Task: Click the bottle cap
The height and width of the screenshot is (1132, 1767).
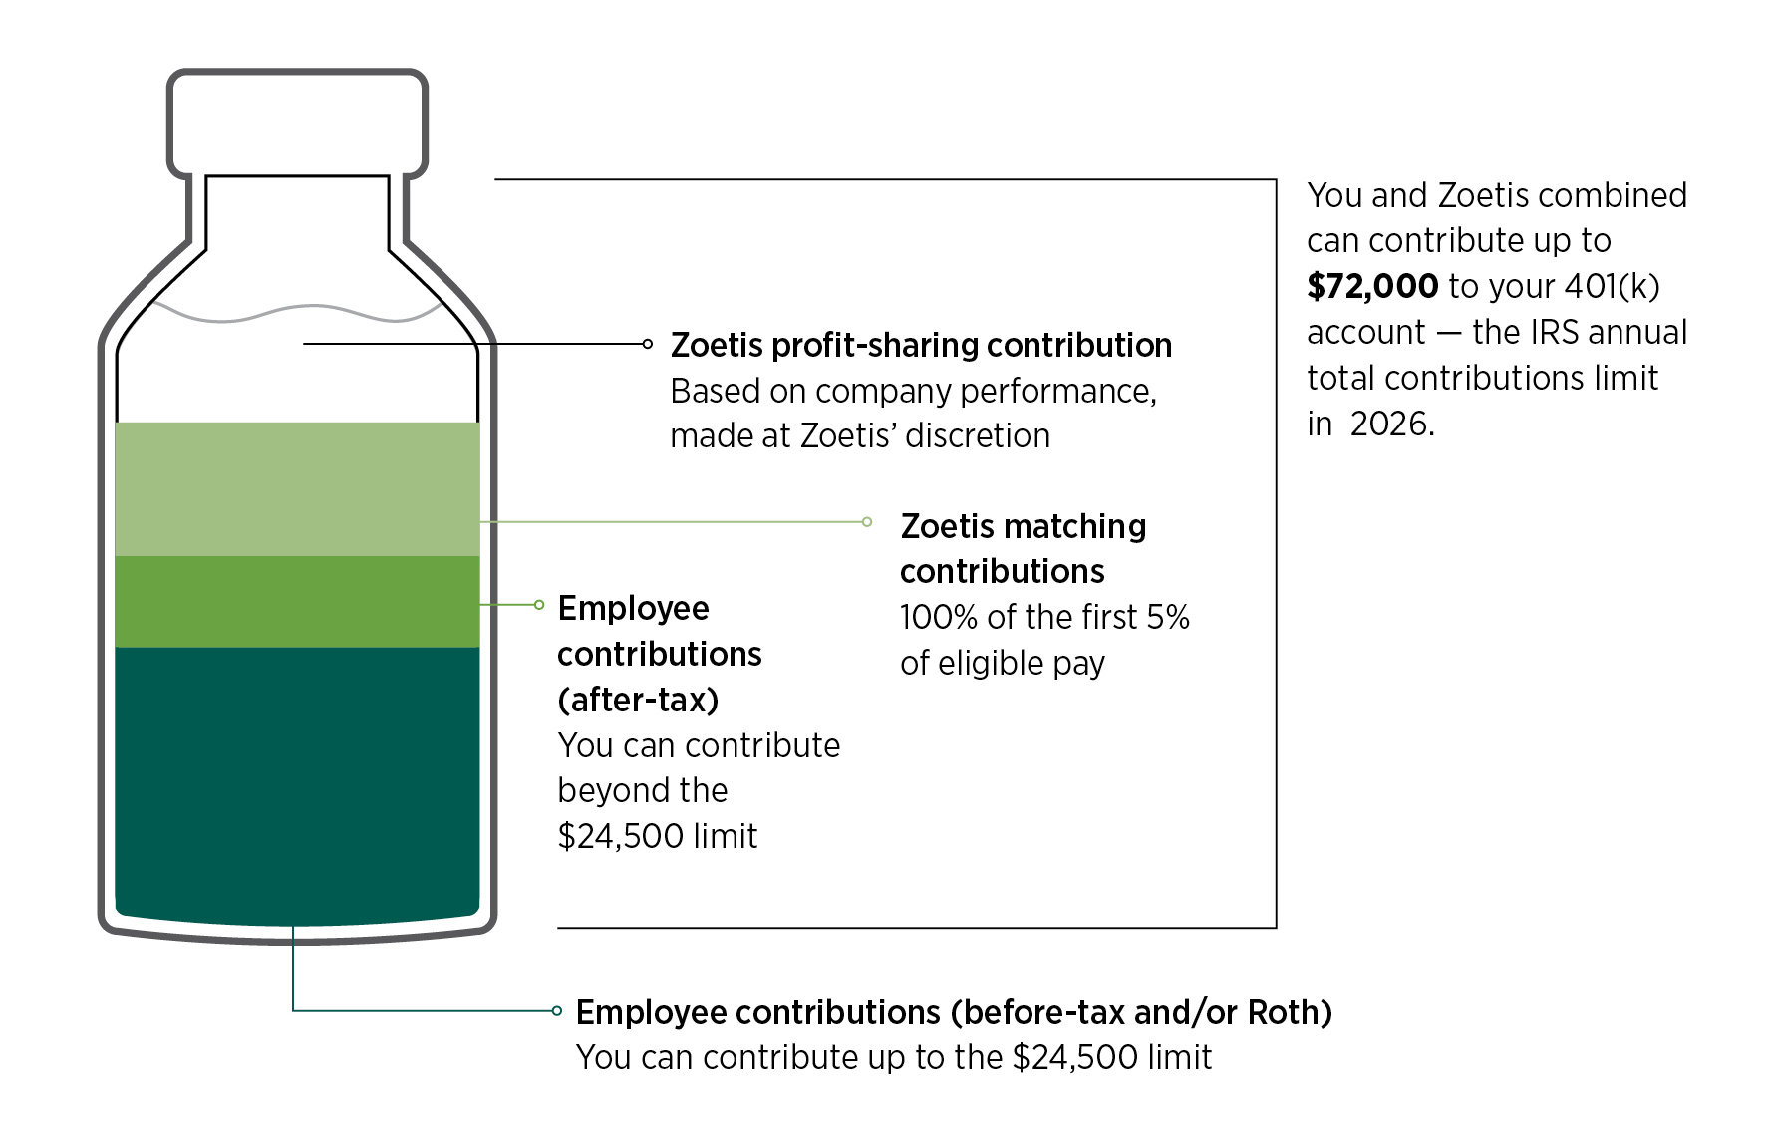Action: point(297,124)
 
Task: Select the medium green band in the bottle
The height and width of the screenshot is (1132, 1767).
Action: point(297,601)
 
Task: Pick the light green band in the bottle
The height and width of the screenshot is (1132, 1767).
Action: point(297,488)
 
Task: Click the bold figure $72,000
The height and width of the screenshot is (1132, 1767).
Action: point(1372,286)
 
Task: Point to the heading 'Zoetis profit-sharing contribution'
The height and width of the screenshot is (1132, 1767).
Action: point(921,345)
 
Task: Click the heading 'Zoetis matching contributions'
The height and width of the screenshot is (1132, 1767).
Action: point(1024,548)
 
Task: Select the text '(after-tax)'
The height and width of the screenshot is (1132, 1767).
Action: point(638,700)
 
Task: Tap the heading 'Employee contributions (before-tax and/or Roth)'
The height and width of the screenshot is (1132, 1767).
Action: point(954,1012)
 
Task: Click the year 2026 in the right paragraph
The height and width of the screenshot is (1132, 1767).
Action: point(1392,424)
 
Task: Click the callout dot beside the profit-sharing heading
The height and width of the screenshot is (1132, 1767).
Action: point(648,344)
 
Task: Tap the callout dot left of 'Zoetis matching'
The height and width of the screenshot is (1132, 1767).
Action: point(867,521)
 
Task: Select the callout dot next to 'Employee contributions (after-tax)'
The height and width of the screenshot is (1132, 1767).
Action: point(539,604)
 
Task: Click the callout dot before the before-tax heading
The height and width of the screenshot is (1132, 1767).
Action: point(557,1010)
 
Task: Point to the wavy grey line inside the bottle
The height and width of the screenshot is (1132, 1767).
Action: point(297,312)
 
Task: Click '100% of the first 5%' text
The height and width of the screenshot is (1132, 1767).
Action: point(1044,617)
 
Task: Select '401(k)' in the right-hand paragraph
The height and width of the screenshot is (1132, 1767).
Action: point(1612,286)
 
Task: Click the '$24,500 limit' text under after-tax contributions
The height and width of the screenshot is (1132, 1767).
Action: point(658,836)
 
